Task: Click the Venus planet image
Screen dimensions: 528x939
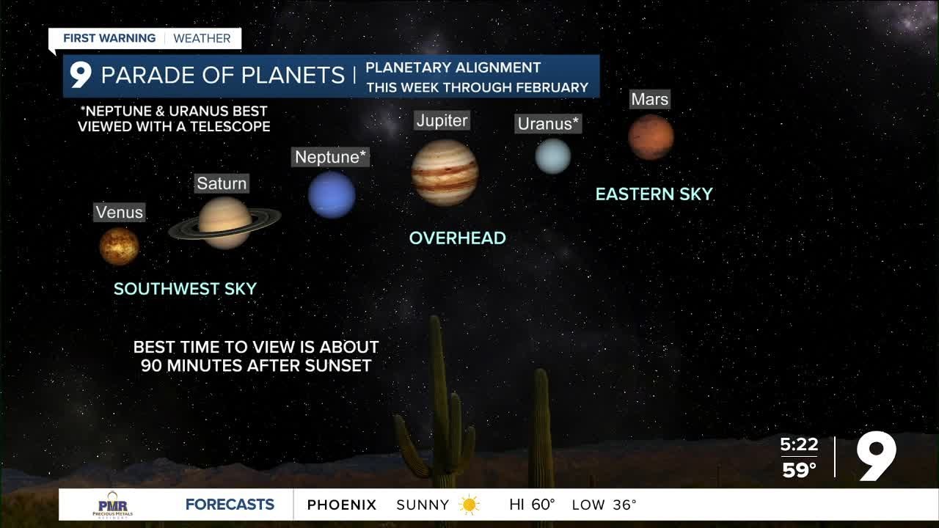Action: point(119,246)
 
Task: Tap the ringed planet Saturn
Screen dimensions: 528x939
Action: point(224,223)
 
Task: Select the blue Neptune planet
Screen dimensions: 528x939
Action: point(332,194)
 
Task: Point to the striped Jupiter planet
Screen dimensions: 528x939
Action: point(445,172)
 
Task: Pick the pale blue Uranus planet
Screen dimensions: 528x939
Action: point(552,156)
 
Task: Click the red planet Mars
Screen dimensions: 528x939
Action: point(651,137)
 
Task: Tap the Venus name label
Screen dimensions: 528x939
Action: point(120,213)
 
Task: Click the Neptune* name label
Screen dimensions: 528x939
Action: point(330,157)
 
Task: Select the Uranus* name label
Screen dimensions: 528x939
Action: point(549,124)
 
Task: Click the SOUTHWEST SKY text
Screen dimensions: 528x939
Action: point(185,289)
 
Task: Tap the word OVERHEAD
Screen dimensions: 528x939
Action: point(457,238)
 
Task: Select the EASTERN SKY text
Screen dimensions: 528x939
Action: point(654,194)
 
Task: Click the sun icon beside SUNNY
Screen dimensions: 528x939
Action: point(469,505)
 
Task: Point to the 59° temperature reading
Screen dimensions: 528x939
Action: point(799,470)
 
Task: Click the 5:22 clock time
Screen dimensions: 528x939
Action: point(799,445)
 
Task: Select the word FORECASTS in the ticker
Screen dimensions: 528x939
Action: point(230,505)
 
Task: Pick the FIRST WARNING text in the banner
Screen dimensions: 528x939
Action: point(109,38)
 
